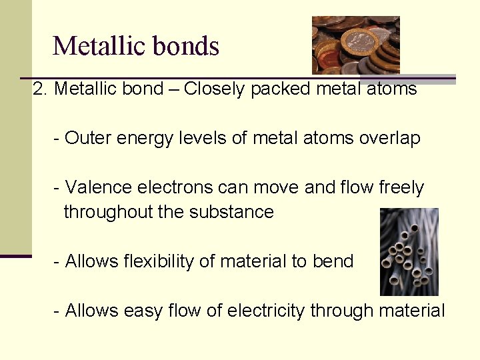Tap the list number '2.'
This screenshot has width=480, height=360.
point(40,89)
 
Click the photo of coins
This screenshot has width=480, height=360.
point(355,45)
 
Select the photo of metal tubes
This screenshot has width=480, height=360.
point(409,251)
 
